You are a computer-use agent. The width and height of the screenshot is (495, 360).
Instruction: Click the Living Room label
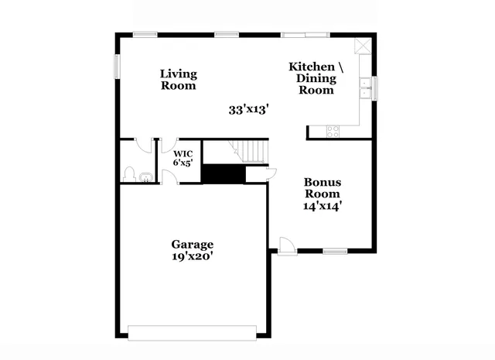pos(178,80)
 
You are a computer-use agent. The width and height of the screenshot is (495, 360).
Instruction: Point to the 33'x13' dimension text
pos(248,110)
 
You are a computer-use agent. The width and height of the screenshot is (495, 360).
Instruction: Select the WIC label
pos(183,153)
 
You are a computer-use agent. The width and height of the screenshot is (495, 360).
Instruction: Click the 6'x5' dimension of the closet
pos(183,163)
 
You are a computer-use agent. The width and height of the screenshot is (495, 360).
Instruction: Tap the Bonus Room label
pos(323,187)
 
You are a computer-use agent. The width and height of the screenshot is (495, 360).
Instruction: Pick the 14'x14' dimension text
pos(323,206)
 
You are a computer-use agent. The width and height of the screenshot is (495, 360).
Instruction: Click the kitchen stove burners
pos(333,131)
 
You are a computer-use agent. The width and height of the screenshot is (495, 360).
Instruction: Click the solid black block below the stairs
pos(223,173)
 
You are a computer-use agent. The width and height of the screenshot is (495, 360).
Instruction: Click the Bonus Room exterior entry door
pos(285,245)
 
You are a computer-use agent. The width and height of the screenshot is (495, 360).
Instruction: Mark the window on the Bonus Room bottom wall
pos(334,251)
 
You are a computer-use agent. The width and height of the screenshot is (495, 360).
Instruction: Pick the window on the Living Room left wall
pos(118,66)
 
